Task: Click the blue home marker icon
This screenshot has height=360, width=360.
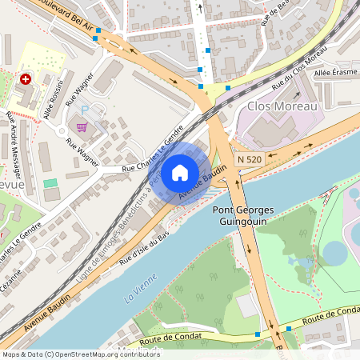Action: point(180,173)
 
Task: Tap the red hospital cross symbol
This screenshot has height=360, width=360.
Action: point(26,79)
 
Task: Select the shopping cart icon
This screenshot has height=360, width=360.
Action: point(81,126)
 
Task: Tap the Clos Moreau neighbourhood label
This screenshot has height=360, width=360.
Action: point(282,106)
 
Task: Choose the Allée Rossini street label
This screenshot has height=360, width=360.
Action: point(52,98)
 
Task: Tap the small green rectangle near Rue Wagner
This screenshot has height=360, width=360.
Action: point(50,183)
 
